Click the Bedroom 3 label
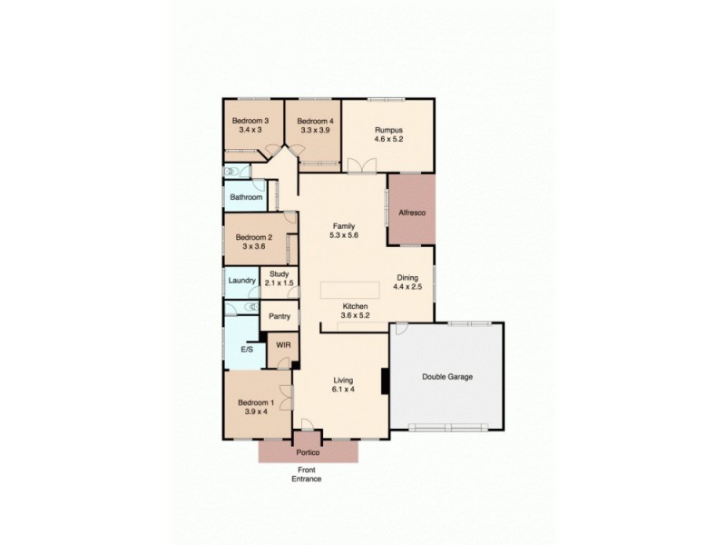tap(250, 121)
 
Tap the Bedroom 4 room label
tap(315, 121)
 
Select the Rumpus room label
tap(388, 130)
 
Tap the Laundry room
tap(242, 281)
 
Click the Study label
tap(279, 272)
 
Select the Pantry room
tap(279, 317)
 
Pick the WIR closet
tap(283, 345)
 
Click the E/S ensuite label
tap(247, 349)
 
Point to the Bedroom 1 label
tap(255, 402)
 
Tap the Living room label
tap(343, 381)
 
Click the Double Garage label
tap(447, 376)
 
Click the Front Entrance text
tap(307, 474)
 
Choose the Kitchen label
tap(354, 306)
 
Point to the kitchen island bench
tap(353, 289)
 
